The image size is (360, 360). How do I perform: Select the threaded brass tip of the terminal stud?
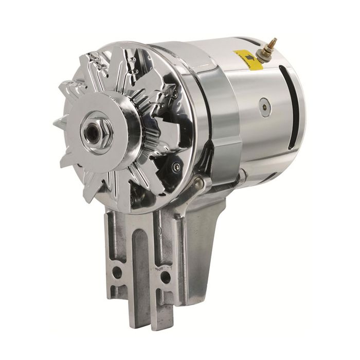pyautogui.click(x=273, y=42)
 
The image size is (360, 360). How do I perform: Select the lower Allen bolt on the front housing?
pyautogui.click(x=176, y=167)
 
